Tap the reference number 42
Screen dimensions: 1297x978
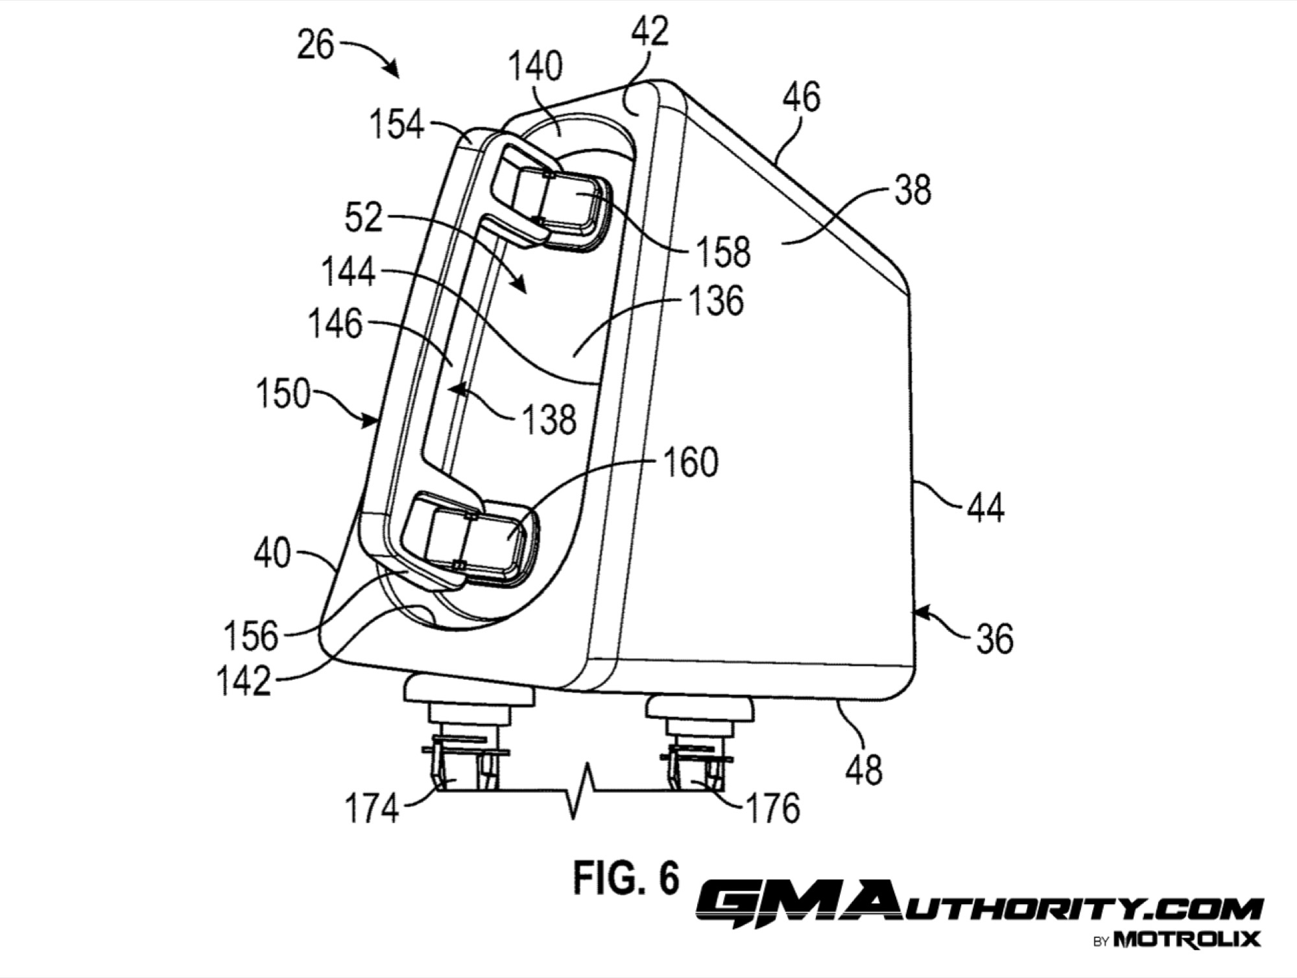649,30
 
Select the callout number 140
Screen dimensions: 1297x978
535,67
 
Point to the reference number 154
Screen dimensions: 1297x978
397,124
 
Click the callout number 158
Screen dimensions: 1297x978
724,251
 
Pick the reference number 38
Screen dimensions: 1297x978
912,191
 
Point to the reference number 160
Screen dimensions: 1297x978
690,463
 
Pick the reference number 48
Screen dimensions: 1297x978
865,770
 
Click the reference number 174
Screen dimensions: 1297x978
372,808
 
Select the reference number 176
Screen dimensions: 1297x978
772,808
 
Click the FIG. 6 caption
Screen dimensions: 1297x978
626,878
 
